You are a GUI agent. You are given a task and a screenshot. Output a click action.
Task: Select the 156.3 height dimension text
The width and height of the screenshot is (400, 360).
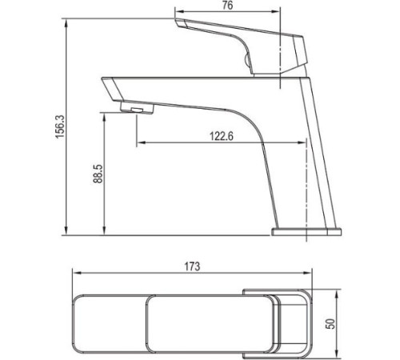point(58,126)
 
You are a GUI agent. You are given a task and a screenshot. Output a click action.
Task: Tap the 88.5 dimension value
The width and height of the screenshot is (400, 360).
point(98,174)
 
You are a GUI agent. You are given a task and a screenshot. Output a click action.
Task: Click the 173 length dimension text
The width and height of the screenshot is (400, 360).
point(191,266)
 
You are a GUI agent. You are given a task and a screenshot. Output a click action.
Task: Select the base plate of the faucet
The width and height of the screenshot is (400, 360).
point(306,232)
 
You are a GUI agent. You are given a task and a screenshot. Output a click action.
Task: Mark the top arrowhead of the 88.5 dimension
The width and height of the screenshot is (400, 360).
point(105,114)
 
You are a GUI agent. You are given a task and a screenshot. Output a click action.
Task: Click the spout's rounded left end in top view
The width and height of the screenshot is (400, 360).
point(78,324)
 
